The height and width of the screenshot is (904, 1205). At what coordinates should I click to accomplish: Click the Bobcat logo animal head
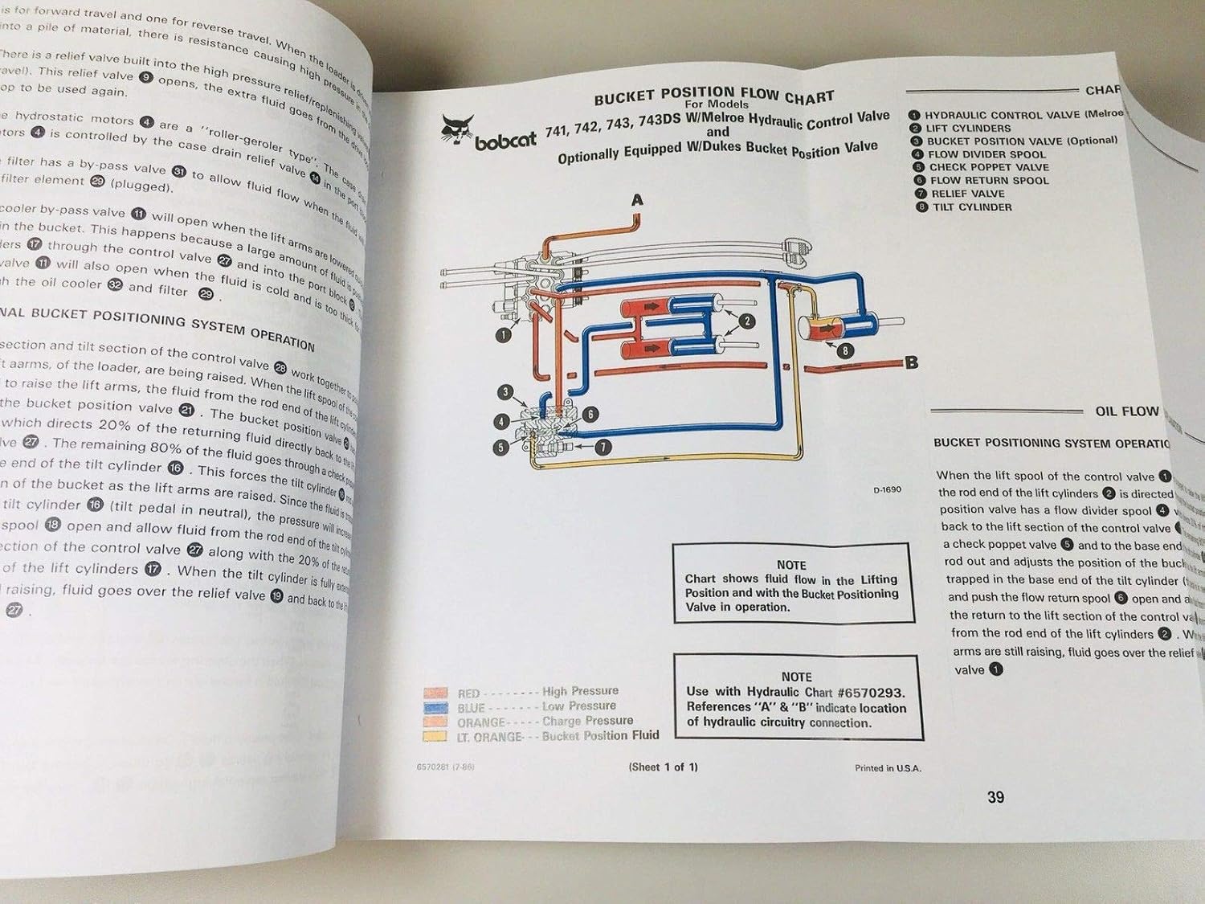(457, 129)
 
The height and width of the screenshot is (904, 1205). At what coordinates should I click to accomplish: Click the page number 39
(995, 797)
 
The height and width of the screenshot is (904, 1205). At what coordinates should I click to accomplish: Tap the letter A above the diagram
(637, 200)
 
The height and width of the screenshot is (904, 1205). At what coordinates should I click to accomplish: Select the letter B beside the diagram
(911, 362)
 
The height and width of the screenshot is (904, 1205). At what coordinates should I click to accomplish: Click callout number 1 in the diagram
(503, 335)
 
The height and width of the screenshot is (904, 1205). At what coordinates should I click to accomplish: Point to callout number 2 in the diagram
(746, 321)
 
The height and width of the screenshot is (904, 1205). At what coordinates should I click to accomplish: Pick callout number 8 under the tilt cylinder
(844, 350)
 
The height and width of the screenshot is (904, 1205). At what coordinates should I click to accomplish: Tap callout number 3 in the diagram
(505, 392)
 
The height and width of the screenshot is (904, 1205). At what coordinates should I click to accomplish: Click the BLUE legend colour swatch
(435, 708)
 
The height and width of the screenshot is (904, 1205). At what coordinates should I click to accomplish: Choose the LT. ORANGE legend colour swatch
(435, 737)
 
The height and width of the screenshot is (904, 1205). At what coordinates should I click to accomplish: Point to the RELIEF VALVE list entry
(967, 194)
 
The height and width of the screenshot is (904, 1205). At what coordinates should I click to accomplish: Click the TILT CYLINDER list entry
(971, 207)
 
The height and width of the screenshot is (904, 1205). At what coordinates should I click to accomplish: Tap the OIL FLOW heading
(1126, 411)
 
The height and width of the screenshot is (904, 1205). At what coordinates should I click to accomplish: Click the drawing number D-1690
(887, 489)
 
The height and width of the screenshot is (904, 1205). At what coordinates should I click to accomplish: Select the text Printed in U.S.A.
(888, 768)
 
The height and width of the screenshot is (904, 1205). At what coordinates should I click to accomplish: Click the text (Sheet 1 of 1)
(663, 767)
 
